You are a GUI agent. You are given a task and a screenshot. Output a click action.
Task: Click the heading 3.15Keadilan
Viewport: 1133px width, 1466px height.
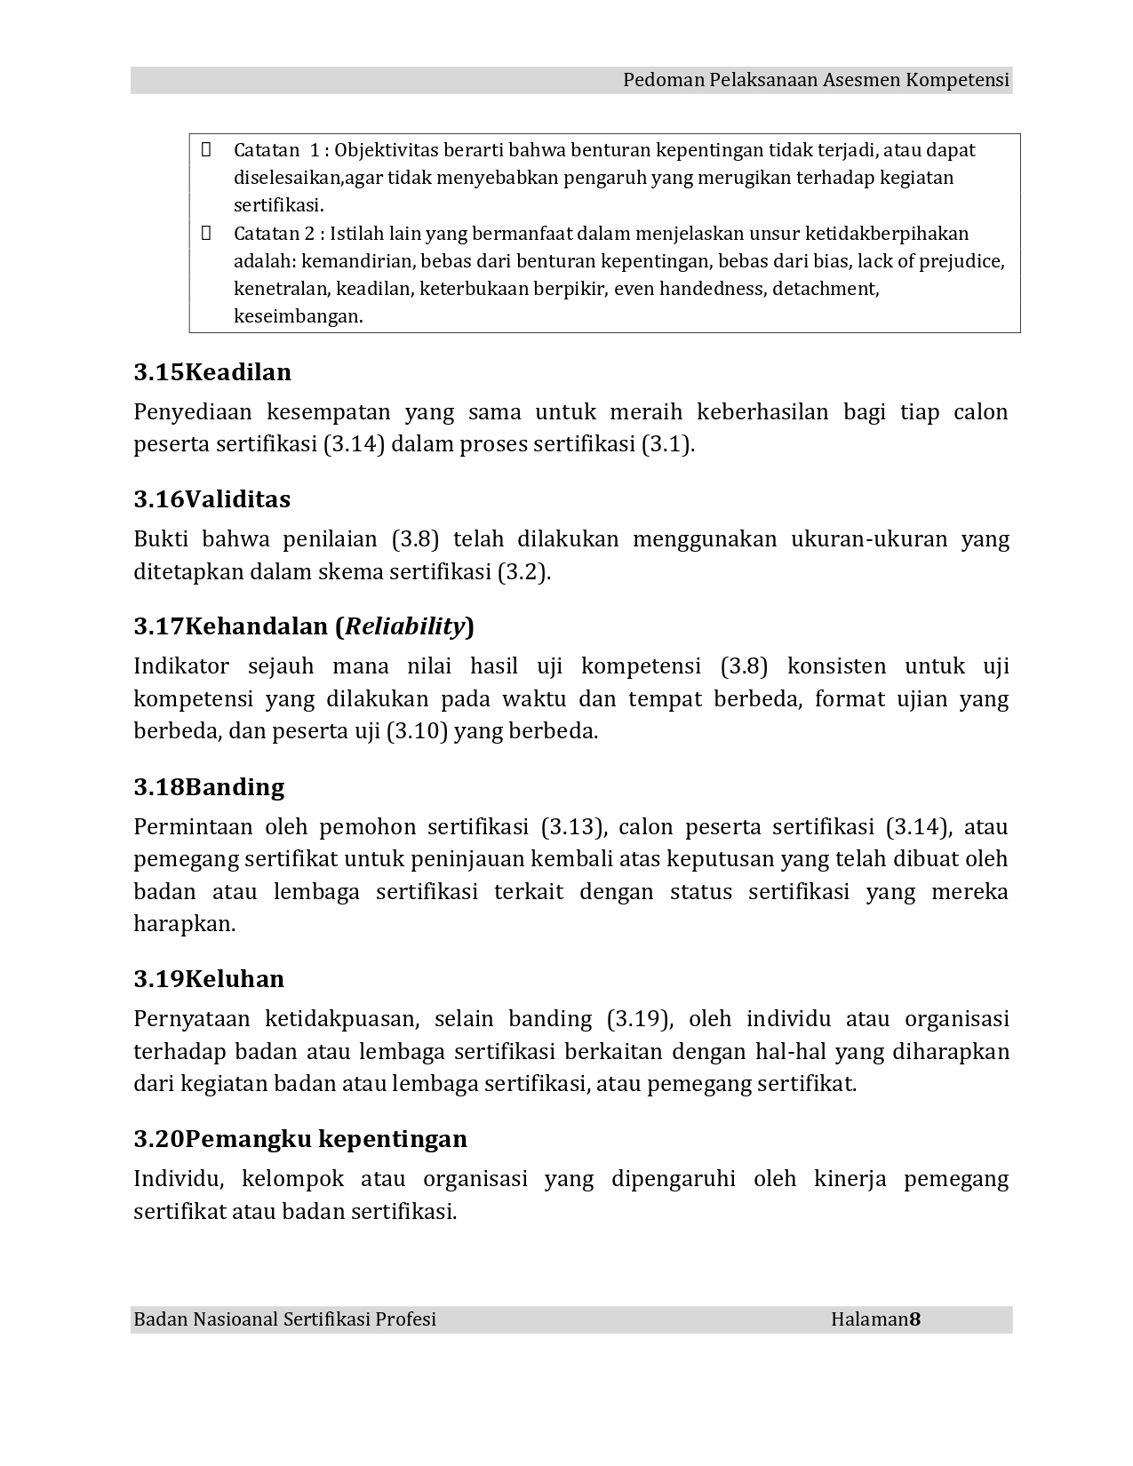212,372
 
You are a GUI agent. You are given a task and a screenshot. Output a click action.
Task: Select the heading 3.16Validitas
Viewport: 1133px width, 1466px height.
212,499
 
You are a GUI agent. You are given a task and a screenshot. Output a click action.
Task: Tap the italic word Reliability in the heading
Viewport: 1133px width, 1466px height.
404,626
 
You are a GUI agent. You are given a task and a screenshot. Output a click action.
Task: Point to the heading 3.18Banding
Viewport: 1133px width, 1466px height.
209,787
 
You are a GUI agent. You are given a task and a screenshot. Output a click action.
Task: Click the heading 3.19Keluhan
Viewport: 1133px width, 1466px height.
209,979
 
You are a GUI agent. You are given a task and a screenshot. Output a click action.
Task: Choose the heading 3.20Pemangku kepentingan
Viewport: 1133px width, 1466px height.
300,1139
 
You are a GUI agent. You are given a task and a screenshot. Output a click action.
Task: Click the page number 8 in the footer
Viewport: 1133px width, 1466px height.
915,1319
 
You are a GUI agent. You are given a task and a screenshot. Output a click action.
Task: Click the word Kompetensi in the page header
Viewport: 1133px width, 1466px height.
957,81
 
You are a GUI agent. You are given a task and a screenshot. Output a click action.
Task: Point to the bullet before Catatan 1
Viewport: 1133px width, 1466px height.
206,149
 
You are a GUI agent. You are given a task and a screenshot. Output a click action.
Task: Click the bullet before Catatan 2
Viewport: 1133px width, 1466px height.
206,233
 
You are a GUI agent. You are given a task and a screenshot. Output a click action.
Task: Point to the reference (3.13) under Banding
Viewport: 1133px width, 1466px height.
573,827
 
